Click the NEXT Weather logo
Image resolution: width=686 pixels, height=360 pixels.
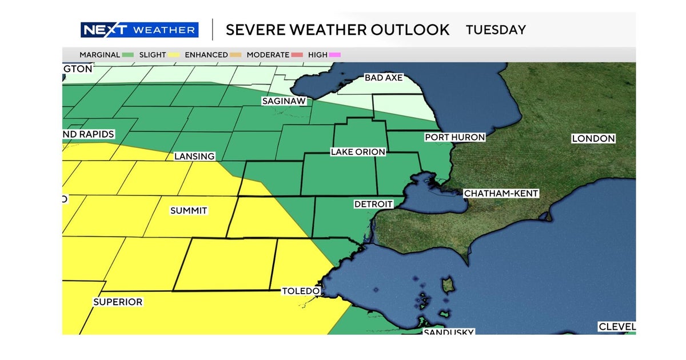coord(139,30)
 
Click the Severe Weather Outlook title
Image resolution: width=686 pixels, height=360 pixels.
coord(337,30)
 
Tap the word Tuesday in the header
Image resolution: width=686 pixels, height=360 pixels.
coord(496,30)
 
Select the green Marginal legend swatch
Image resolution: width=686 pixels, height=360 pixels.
coord(128,55)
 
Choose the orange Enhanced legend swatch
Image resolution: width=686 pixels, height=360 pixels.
coord(236,55)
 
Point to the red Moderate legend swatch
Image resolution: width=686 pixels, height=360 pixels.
coord(297,55)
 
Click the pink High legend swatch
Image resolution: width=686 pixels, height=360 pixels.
coord(335,55)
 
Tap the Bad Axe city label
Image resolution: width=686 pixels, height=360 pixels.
coord(384,77)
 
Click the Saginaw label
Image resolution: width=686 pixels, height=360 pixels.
coord(284,101)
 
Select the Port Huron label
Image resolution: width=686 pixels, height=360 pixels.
coord(454,137)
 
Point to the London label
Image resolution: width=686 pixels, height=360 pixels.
coord(593,138)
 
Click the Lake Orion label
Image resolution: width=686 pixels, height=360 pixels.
coord(358,152)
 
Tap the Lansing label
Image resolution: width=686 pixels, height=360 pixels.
coord(195,156)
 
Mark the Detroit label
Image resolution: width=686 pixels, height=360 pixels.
coord(373,204)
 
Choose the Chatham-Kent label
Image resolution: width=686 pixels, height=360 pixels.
coord(501,194)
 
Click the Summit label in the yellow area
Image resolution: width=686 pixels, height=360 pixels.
coord(189,211)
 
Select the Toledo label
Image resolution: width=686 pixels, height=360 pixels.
coord(300,291)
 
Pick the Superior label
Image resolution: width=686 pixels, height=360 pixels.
coord(118,302)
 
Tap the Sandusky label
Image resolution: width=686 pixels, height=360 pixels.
coord(448,332)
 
